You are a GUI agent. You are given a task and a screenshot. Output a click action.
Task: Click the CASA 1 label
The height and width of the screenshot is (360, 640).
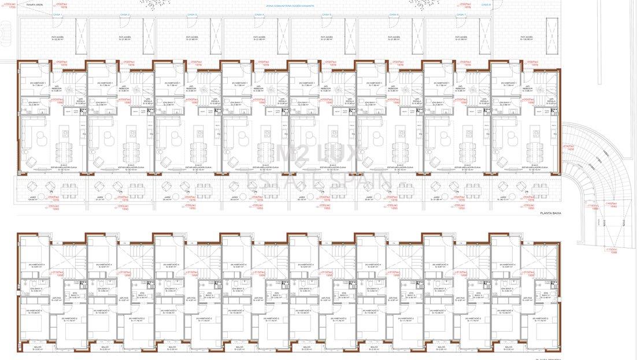pos(57,14)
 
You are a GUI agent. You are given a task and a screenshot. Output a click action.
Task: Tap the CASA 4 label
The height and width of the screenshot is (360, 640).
pos(259,14)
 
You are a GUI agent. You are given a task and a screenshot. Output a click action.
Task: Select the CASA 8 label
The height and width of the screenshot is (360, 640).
pos(486,5)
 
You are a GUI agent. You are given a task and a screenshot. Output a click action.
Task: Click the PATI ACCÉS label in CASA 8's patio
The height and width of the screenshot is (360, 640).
pos(527,38)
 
